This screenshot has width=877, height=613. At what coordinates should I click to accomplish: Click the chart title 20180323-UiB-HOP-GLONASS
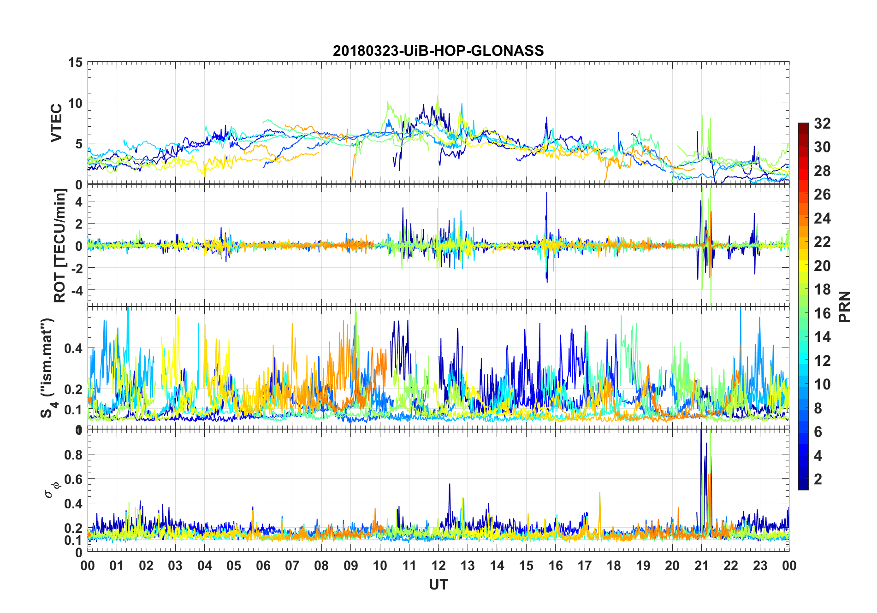[x=438, y=50]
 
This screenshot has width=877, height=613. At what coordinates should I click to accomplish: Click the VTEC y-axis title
[x=57, y=123]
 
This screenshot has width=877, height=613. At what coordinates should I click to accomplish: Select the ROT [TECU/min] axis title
[x=60, y=245]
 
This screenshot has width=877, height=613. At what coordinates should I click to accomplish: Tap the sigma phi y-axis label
[x=52, y=489]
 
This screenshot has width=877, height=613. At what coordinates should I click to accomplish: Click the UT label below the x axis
[x=438, y=584]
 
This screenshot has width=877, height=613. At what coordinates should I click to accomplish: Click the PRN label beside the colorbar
[x=844, y=306]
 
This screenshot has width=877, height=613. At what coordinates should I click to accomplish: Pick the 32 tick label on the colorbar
[x=822, y=124]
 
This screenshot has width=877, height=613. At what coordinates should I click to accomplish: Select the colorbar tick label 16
[x=822, y=313]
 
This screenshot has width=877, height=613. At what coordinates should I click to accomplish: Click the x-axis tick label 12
[x=438, y=566]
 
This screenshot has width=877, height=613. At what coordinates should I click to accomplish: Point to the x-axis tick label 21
[x=701, y=566]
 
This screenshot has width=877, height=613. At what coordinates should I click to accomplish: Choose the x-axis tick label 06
[x=263, y=566]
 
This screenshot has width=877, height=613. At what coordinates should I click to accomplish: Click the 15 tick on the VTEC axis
[x=75, y=62]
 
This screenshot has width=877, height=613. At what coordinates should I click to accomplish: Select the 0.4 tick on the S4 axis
[x=73, y=348]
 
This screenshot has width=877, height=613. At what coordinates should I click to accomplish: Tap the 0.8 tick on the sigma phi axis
[x=73, y=454]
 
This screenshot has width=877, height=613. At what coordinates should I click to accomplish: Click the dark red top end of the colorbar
[x=803, y=125]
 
